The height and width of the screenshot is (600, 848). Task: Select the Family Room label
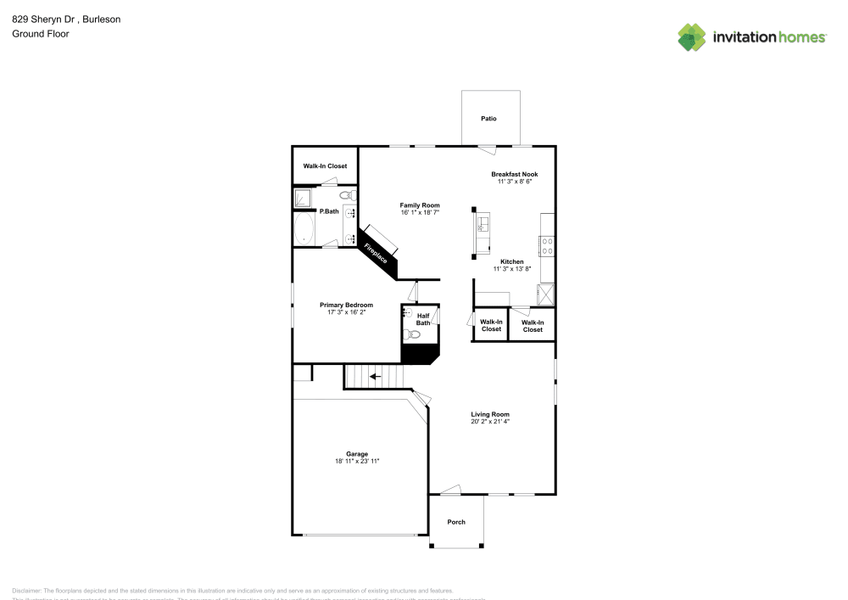coord(420,205)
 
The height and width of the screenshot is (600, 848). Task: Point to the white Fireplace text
coord(376,253)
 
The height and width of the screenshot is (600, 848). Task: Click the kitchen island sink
coord(482,226)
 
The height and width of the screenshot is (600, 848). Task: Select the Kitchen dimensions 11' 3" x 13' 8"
coord(511,269)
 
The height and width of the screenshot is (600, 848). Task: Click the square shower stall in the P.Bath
coord(304,199)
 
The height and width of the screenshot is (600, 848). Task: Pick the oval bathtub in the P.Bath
coord(304,228)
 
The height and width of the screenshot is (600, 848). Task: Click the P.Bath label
coord(329,211)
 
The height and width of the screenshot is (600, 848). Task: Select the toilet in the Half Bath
coord(412,335)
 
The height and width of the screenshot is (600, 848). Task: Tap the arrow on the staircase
coord(373,376)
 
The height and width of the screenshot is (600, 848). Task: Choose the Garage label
coord(356,454)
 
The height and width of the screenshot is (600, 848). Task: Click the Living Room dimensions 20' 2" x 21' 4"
coord(490,422)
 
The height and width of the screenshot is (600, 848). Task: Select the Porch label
coord(456,522)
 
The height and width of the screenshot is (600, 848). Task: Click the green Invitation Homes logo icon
coord(692,36)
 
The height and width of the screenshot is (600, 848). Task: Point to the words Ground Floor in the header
coord(41,34)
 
